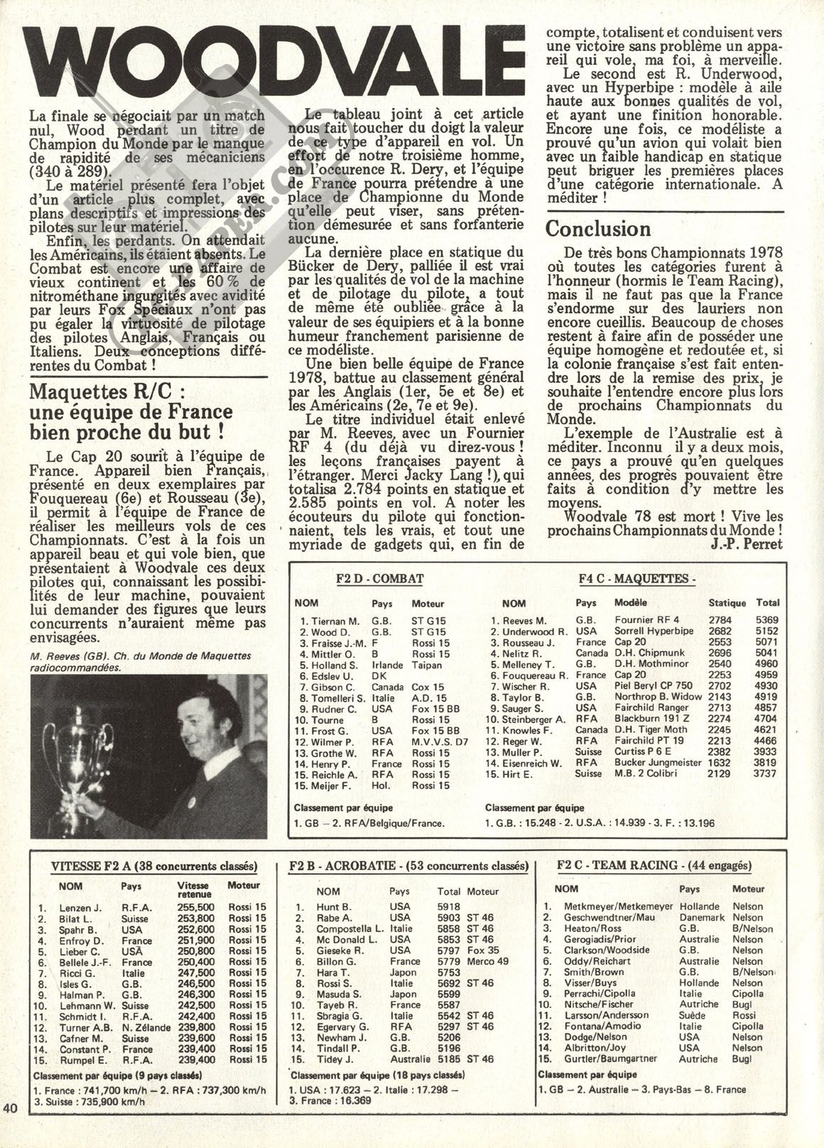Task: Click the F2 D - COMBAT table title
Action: click(379, 579)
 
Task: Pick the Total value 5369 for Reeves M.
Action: click(768, 620)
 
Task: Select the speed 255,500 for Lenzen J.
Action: click(195, 907)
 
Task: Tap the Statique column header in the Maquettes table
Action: click(727, 602)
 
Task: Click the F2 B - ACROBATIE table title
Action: click(408, 866)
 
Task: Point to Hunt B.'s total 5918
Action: click(450, 907)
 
